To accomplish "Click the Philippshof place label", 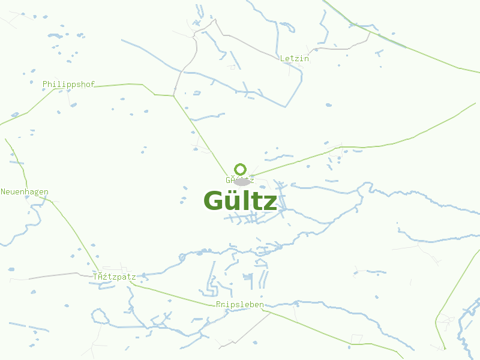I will (68, 85).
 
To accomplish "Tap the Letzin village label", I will (294, 59).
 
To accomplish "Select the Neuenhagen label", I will (25, 192).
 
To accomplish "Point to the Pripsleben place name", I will (239, 305).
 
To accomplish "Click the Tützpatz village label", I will (114, 277).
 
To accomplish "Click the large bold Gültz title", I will (240, 201).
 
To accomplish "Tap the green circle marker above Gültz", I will (241, 169).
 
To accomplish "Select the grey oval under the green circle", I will (241, 181).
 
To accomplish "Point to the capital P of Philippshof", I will (45, 85).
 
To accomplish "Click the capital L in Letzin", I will (283, 59).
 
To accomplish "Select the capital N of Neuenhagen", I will (3, 192).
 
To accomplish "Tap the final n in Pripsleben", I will (261, 305).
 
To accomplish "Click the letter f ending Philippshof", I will (92, 85).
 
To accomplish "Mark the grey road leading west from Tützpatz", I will (54, 275).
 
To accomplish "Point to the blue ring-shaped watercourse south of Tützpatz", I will (98, 315).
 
